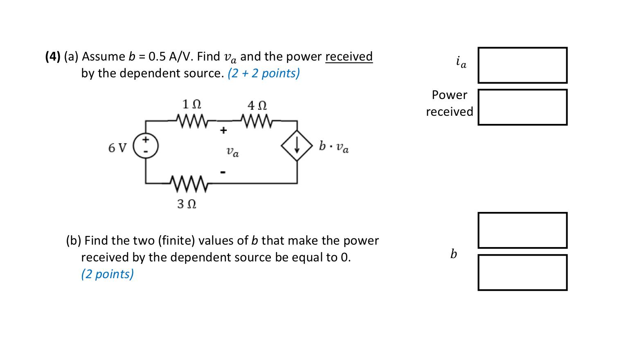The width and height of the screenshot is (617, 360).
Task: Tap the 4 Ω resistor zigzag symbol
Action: [x=257, y=121]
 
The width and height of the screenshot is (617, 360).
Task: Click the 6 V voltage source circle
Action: [x=146, y=145]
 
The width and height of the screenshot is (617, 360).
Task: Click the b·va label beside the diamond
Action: [x=334, y=146]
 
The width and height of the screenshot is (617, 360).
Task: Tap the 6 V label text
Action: [x=117, y=148]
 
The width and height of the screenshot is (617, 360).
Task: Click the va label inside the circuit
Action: [x=232, y=152]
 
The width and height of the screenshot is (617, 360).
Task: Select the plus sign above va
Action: [x=223, y=131]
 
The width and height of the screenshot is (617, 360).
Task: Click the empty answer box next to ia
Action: [x=522, y=65]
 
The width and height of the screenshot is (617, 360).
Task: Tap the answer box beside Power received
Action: [x=522, y=107]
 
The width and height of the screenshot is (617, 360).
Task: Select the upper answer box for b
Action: [x=522, y=230]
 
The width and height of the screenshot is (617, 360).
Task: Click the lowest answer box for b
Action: [x=522, y=272]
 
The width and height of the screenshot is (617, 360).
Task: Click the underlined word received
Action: [x=349, y=56]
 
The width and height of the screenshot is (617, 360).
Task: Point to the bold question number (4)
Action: [x=53, y=56]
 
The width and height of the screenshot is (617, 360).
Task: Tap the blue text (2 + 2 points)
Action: [x=264, y=73]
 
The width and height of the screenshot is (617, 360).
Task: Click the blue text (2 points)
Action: [x=107, y=274]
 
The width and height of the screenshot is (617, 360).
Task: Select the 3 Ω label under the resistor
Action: [x=187, y=203]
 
